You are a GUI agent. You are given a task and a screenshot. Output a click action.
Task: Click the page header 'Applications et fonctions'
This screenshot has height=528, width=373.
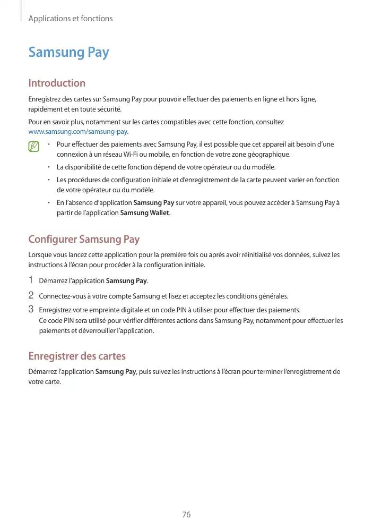[71, 19]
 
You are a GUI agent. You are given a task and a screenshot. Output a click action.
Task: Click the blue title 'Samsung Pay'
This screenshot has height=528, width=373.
[68, 52]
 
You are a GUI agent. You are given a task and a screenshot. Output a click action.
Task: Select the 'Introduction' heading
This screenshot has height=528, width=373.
[57, 83]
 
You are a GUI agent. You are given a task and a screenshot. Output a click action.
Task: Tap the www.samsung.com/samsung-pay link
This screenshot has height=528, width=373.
[78, 131]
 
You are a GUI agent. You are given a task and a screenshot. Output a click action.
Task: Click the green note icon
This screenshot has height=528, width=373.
[34, 146]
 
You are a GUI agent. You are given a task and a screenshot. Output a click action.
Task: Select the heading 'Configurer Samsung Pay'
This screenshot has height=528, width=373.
[84, 239]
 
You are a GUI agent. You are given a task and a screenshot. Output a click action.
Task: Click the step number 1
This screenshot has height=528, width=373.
[31, 280]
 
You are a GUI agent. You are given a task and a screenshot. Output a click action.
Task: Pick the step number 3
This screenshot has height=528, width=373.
[31, 309]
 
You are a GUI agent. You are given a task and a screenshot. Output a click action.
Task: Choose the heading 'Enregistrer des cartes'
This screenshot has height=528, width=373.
[77, 355]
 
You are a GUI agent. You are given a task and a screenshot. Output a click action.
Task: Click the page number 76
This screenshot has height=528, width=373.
[186, 515]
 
